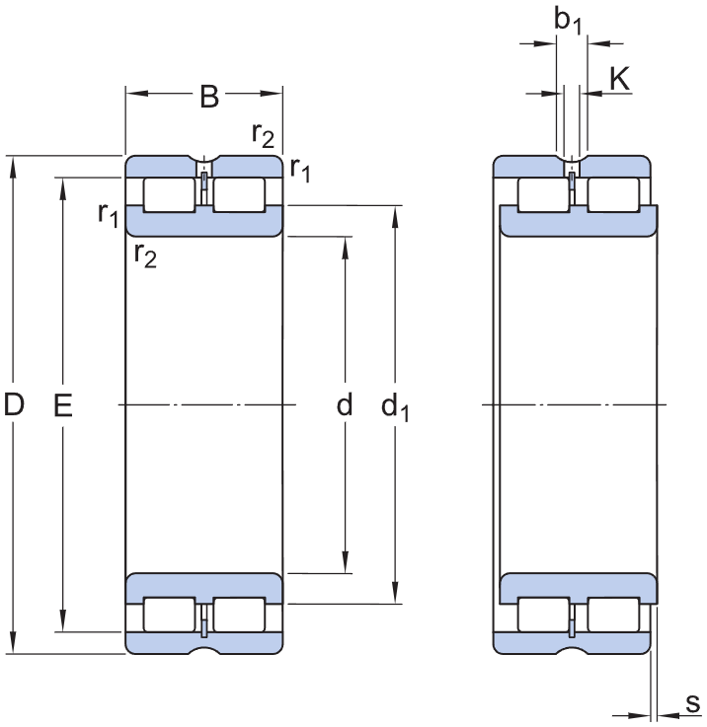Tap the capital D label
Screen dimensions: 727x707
coord(14,404)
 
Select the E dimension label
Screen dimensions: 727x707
coord(62,404)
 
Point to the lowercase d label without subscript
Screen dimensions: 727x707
coord(345,404)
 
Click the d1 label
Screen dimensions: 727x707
coord(396,405)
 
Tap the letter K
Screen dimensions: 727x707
coord(620,80)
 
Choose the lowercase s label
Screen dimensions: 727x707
coord(692,703)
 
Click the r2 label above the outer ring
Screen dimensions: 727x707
coord(263,135)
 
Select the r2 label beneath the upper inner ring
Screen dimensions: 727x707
coord(145,255)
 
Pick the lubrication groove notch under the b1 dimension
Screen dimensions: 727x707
coord(572,160)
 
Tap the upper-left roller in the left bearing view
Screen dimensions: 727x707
coord(169,194)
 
